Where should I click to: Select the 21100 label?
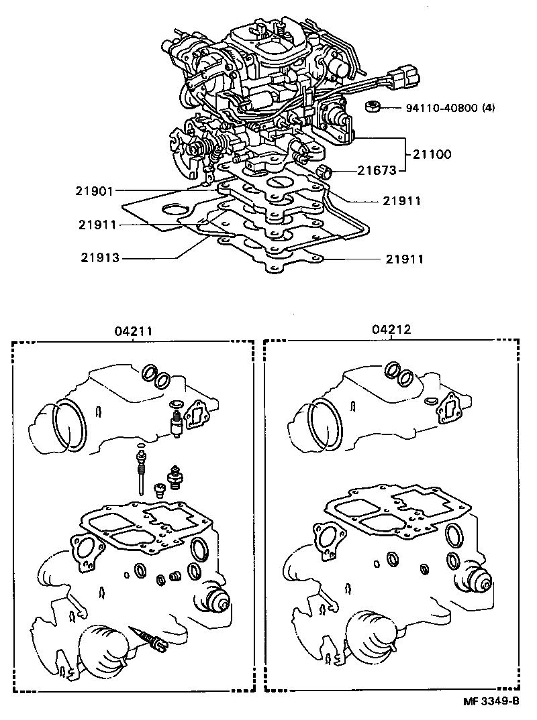coord(432,154)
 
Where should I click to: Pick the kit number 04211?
coord(132,330)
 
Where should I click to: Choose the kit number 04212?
coord(391,330)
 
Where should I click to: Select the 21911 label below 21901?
coord(98,226)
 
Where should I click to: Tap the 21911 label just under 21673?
coord(402,200)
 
